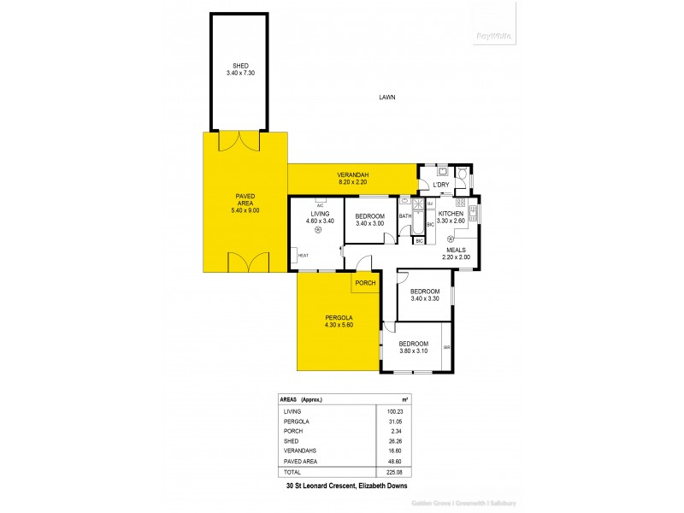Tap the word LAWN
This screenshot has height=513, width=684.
pyautogui.click(x=387, y=98)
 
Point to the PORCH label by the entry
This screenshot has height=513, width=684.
pyautogui.click(x=366, y=283)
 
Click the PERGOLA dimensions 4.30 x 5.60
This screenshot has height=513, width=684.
pyautogui.click(x=339, y=326)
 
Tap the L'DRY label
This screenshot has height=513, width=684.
pyautogui.click(x=441, y=185)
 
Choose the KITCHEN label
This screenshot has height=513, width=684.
pyautogui.click(x=451, y=213)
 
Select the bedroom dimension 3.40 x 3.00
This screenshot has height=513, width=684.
pyautogui.click(x=370, y=223)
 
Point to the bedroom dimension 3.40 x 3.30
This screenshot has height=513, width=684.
pyautogui.click(x=425, y=299)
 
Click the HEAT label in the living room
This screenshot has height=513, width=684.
pyautogui.click(x=303, y=255)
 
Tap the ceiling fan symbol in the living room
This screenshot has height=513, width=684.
pyautogui.click(x=319, y=229)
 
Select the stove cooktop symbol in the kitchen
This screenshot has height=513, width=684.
pyautogui.click(x=460, y=203)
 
